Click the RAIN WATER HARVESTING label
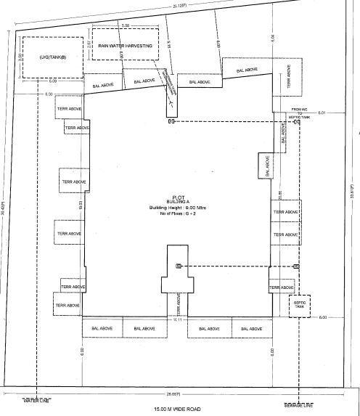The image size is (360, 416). tap(125, 46)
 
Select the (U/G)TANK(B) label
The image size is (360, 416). tap(43, 57)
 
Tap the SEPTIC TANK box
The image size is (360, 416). tap(299, 307)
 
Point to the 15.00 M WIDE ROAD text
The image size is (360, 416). tap(179, 409)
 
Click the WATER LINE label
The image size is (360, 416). tap(33, 400)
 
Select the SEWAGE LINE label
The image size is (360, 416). tap(298, 404)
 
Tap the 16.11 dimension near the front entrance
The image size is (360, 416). tap(176, 318)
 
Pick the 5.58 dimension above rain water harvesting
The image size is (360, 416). tap(125, 25)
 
